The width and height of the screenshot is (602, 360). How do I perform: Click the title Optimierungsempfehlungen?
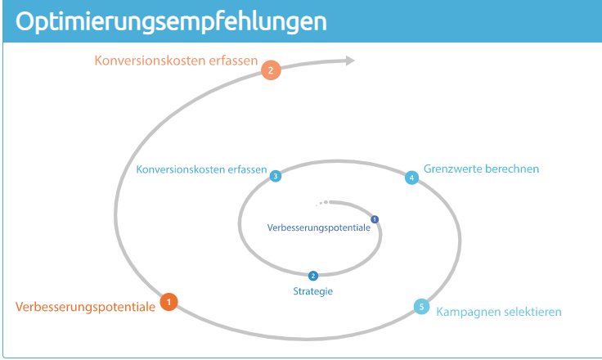coord(171,21)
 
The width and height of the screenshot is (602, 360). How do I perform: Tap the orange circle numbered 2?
coord(271,70)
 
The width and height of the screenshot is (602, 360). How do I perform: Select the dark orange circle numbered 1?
coord(169,302)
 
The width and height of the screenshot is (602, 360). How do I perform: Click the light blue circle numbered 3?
coord(276,176)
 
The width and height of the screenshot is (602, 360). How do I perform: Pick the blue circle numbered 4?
coord(412,178)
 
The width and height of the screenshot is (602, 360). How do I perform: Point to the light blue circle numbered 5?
coord(421,307)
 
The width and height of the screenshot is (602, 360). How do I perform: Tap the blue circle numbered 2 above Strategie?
coord(313,276)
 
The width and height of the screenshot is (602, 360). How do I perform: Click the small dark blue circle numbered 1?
coord(375,219)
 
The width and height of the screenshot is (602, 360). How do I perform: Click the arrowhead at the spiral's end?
coord(350,61)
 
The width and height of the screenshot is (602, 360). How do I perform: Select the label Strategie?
coord(313,291)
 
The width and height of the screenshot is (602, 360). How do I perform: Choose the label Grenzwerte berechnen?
coord(482,169)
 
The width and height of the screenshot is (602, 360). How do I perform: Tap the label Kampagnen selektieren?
coord(499,312)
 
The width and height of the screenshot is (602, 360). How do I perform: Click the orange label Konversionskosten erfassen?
coord(176,61)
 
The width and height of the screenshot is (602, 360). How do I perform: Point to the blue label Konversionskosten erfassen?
coord(201,169)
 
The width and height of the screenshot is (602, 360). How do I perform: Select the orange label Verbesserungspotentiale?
coord(85,307)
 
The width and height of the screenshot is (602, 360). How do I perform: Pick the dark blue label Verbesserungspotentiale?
coord(319,227)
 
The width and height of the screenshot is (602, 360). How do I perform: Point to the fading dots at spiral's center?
coord(322,203)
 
